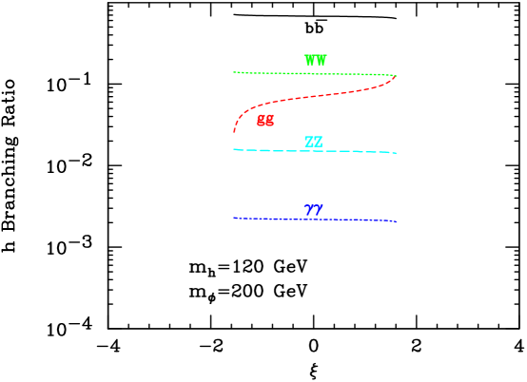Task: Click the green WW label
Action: click(315, 61)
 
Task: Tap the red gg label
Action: click(264, 121)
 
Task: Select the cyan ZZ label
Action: click(313, 143)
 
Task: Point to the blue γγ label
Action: click(313, 211)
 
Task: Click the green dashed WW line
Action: click(285, 73)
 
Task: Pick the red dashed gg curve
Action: click(314, 96)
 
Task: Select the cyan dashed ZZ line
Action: click(285, 150)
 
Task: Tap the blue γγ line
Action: click(285, 219)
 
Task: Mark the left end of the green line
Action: click(234, 72)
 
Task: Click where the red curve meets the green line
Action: click(395, 75)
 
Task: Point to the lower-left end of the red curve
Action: click(234, 130)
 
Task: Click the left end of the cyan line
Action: click(234, 149)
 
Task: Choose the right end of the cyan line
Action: click(396, 153)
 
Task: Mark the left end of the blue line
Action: click(234, 218)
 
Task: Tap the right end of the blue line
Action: click(396, 221)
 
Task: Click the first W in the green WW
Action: click(310, 61)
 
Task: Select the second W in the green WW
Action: click(321, 61)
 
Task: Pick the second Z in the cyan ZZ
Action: click(318, 143)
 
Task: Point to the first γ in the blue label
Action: click(309, 211)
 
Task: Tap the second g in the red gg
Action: click(269, 121)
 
